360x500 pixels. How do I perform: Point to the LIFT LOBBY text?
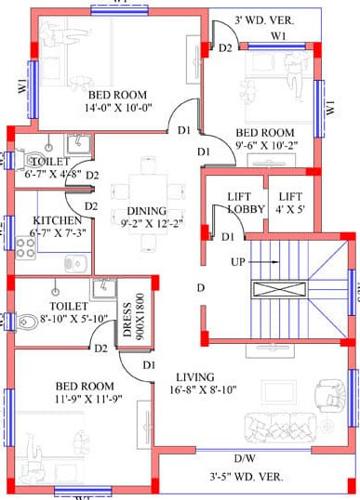coord(246,203)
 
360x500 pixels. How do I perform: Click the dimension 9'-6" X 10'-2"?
coord(263,146)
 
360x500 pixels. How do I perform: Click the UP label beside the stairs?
coord(237,261)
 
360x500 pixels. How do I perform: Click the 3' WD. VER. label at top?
coord(265,20)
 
